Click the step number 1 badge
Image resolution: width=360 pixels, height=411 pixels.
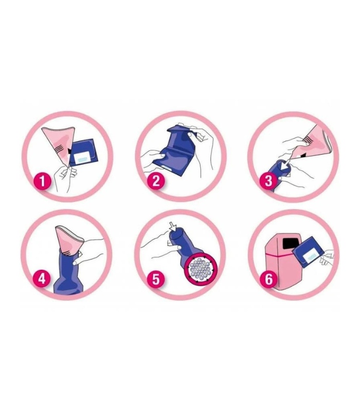coord(42,181)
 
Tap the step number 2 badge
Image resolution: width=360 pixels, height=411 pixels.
coord(156,181)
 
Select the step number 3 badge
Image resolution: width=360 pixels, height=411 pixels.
coord(268,181)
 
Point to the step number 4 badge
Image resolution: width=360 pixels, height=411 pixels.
coord(42,278)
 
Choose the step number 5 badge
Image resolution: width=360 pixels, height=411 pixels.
coord(156,278)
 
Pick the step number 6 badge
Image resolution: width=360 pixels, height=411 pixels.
coord(268,278)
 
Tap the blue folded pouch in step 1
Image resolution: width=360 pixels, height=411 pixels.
coord(82,153)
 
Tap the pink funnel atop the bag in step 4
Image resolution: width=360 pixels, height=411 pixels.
coord(69,240)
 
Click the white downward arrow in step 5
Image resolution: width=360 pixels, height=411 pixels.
coord(172,227)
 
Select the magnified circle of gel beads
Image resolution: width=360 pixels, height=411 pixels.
coord(201,269)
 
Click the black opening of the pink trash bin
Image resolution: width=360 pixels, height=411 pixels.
coord(290,244)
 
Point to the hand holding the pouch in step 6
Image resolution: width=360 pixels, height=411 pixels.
coord(327,257)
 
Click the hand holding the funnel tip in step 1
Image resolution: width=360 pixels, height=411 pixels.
coord(65,178)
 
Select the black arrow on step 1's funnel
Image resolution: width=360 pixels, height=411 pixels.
coord(69,151)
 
